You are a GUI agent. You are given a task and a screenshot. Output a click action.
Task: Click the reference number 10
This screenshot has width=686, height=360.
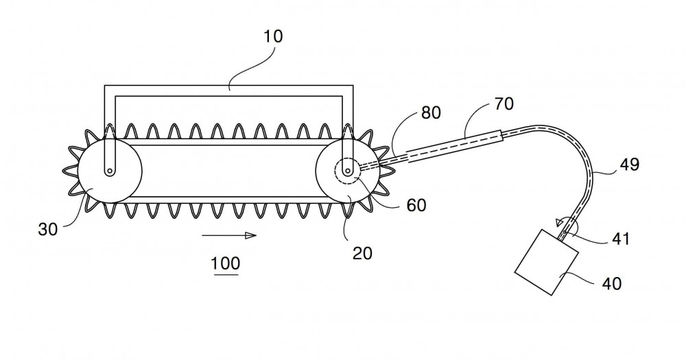point(273,36)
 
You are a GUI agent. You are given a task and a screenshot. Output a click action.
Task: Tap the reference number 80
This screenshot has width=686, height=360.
point(431,113)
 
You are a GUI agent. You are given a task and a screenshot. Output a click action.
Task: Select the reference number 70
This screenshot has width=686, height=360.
point(504,104)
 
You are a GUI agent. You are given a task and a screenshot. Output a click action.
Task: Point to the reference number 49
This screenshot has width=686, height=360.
point(630,165)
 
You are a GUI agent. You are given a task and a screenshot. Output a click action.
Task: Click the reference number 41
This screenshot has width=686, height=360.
point(620,239)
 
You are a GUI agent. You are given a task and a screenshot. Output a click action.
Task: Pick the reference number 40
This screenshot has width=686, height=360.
point(612,283)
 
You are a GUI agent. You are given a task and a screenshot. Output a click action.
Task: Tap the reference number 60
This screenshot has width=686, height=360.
point(416,205)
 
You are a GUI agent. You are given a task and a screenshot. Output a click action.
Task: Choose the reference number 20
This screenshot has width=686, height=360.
point(362,253)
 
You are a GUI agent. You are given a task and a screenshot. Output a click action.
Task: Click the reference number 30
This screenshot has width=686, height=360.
point(48,229)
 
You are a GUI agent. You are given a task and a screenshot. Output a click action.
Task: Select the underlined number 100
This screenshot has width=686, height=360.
point(226,264)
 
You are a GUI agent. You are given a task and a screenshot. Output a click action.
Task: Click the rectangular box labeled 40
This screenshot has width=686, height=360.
point(547,262)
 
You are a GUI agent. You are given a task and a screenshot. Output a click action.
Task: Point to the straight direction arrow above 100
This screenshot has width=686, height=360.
point(229,235)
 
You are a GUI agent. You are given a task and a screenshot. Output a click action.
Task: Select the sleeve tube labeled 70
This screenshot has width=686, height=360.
point(455,147)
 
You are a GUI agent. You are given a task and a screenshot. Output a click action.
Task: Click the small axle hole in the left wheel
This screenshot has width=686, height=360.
point(110,171)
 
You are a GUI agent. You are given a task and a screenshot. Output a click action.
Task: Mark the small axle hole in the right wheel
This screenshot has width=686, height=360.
point(348,170)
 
